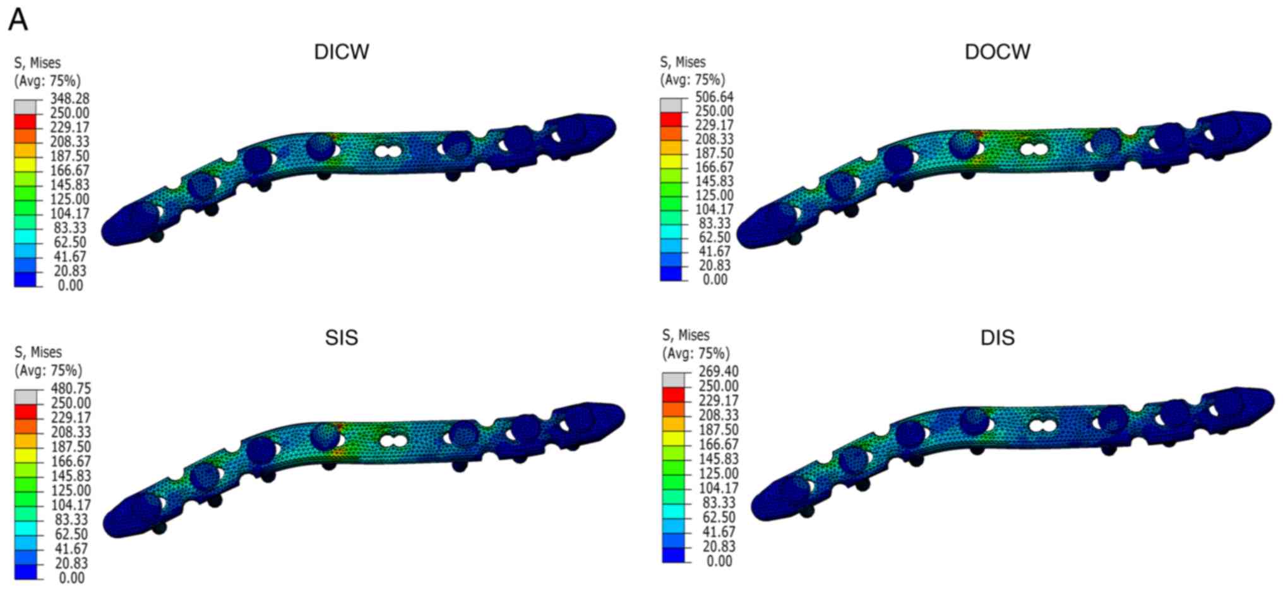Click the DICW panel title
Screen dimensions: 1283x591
coord(342,52)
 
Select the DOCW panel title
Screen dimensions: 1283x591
coord(998,52)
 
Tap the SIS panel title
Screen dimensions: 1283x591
coord(342,337)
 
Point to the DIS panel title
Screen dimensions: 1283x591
coord(998,337)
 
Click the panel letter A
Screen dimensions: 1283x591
coord(18,20)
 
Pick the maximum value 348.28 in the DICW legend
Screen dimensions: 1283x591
coord(70,98)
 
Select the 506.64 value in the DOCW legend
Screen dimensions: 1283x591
coord(715,97)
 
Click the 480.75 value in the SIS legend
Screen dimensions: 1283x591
coord(71,389)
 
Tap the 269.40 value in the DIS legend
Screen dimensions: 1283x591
coord(719,372)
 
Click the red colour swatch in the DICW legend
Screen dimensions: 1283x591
coord(25,121)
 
